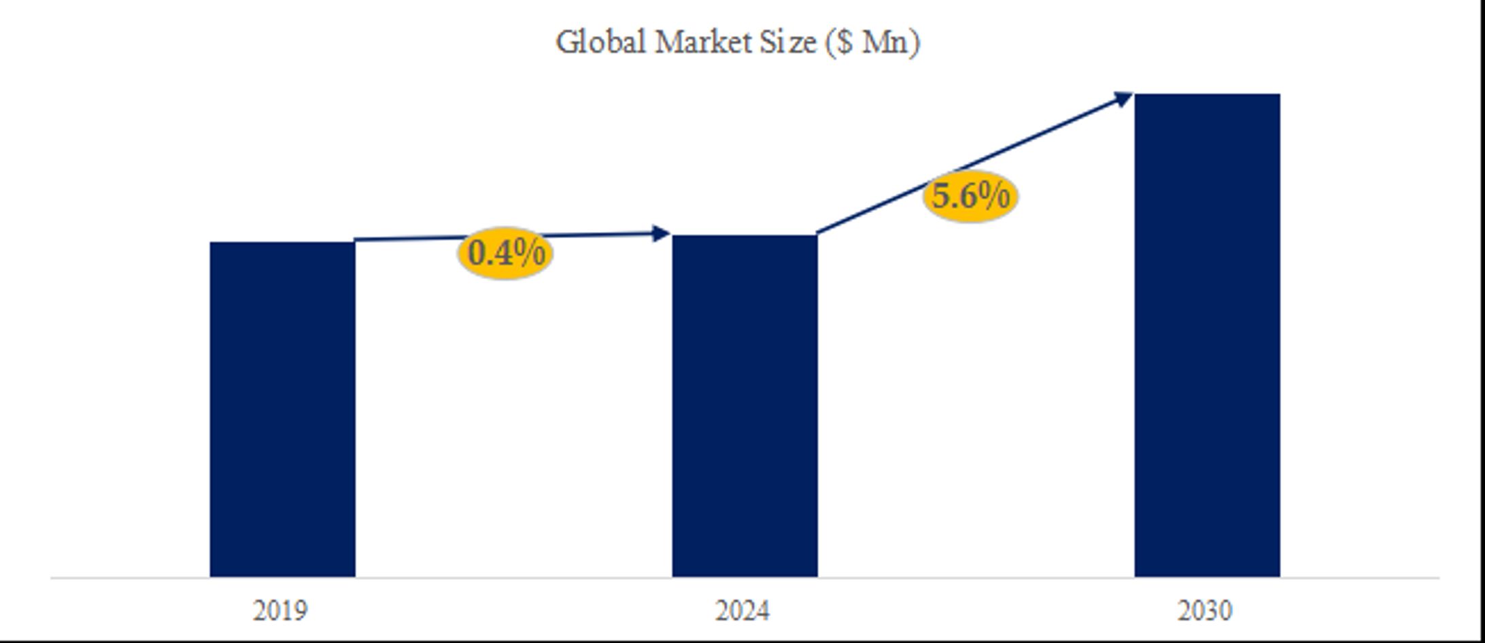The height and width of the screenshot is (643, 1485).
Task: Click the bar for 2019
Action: click(x=282, y=408)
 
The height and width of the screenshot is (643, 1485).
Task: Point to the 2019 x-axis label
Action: click(x=280, y=611)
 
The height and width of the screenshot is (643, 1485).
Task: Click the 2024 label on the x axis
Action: click(x=742, y=611)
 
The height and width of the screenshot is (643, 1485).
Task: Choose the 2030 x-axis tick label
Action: click(x=1205, y=611)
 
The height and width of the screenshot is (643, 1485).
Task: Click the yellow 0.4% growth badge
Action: click(x=505, y=253)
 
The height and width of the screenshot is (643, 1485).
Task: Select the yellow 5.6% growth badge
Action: click(x=970, y=196)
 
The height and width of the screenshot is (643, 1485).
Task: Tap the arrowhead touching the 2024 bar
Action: click(x=660, y=234)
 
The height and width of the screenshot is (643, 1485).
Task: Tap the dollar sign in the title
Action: click(x=844, y=42)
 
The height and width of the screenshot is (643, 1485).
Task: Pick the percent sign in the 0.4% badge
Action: click(x=529, y=253)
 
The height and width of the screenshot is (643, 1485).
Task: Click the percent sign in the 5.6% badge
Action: click(x=994, y=196)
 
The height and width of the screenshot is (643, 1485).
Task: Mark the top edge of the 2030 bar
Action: click(x=1207, y=95)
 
